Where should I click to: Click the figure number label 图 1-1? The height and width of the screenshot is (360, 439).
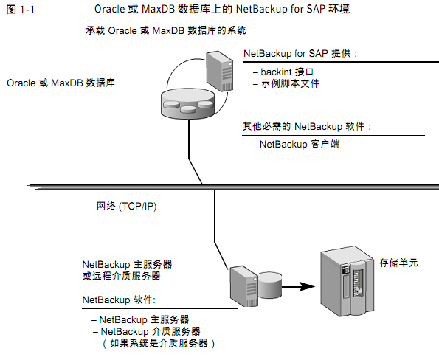coord(21,9)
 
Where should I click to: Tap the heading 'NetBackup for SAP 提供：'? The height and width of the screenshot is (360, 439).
coord(301,55)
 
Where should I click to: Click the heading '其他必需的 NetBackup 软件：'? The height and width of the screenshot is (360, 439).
coord(308,126)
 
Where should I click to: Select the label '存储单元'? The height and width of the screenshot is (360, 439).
coord(399,263)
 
